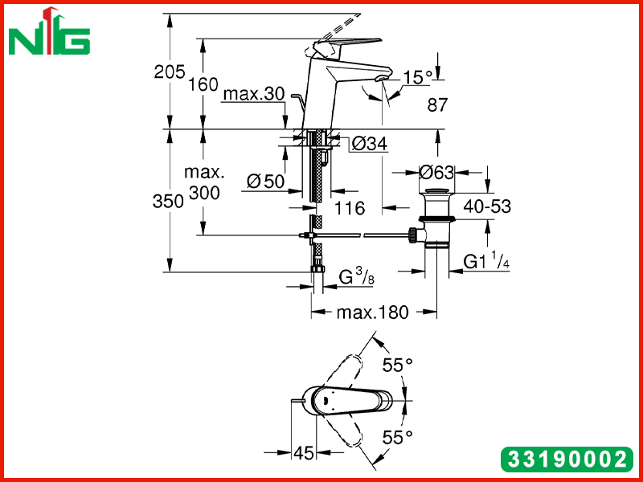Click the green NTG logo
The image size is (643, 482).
(49, 31)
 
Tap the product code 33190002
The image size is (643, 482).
(567, 459)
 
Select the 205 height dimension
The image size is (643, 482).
(170, 72)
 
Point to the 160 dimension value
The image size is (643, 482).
(203, 84)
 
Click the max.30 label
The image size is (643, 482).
(254, 94)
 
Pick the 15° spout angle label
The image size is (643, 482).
(418, 77)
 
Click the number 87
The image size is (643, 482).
(437, 105)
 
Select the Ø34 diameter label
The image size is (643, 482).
(370, 144)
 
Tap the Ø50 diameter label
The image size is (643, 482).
(266, 182)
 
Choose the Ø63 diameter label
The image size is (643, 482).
(436, 173)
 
